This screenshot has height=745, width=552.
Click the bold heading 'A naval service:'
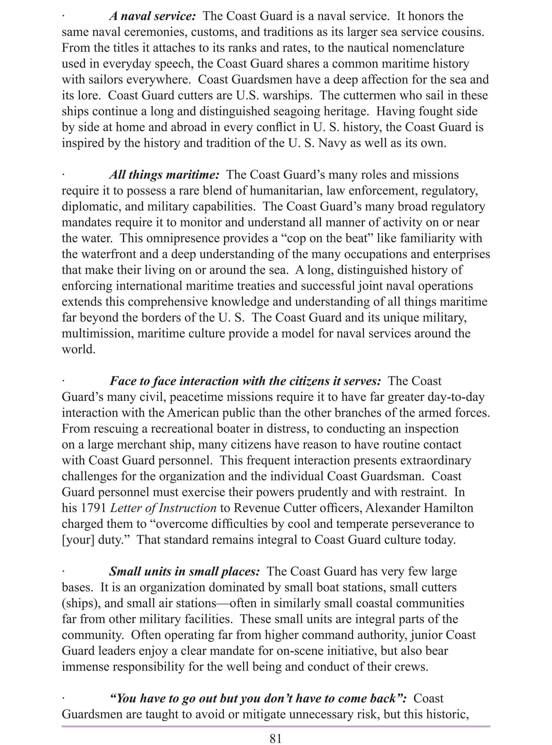[152, 16]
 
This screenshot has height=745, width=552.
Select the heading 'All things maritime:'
[164, 175]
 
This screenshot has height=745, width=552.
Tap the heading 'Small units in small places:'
[184, 571]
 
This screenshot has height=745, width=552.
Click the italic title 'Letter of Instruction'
[163, 508]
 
